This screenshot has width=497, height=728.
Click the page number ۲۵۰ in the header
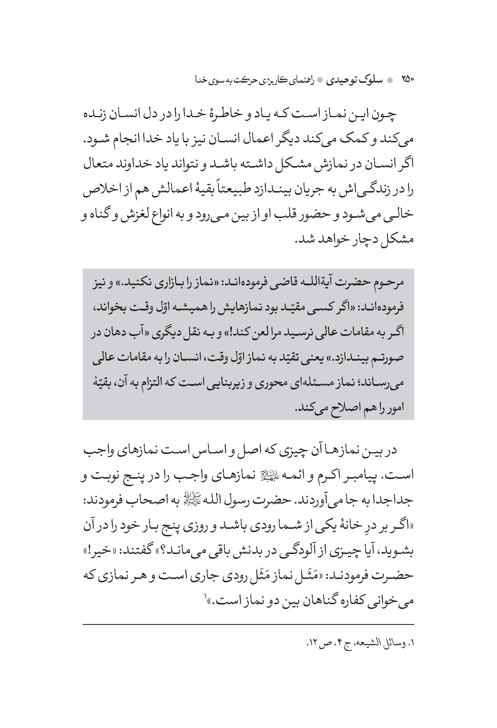pos(407,80)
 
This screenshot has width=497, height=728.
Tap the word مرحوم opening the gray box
pos(389,282)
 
